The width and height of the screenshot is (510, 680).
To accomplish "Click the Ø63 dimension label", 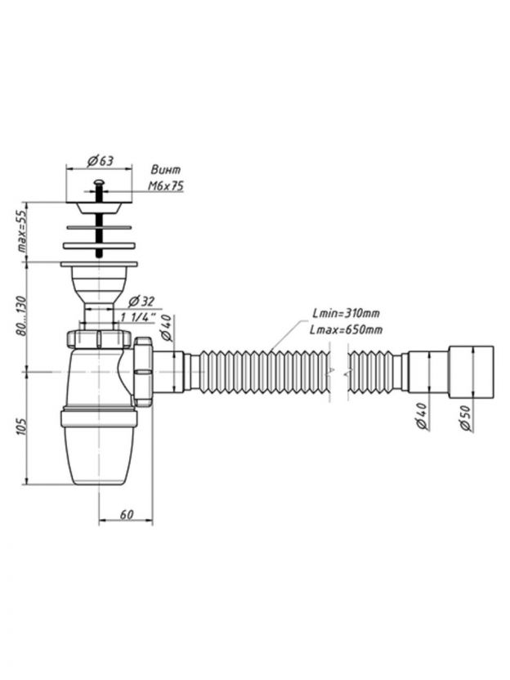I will (100, 159).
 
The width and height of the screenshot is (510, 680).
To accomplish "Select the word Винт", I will (165, 170).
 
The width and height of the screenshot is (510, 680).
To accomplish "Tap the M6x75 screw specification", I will (165, 186).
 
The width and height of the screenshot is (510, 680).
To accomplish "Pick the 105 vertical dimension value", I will (23, 426).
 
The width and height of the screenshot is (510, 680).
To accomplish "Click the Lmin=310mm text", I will (347, 313).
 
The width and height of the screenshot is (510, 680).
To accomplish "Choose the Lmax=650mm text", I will (347, 329).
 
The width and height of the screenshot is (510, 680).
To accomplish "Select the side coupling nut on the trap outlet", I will (145, 371).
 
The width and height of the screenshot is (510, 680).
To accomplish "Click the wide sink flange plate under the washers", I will (101, 263).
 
